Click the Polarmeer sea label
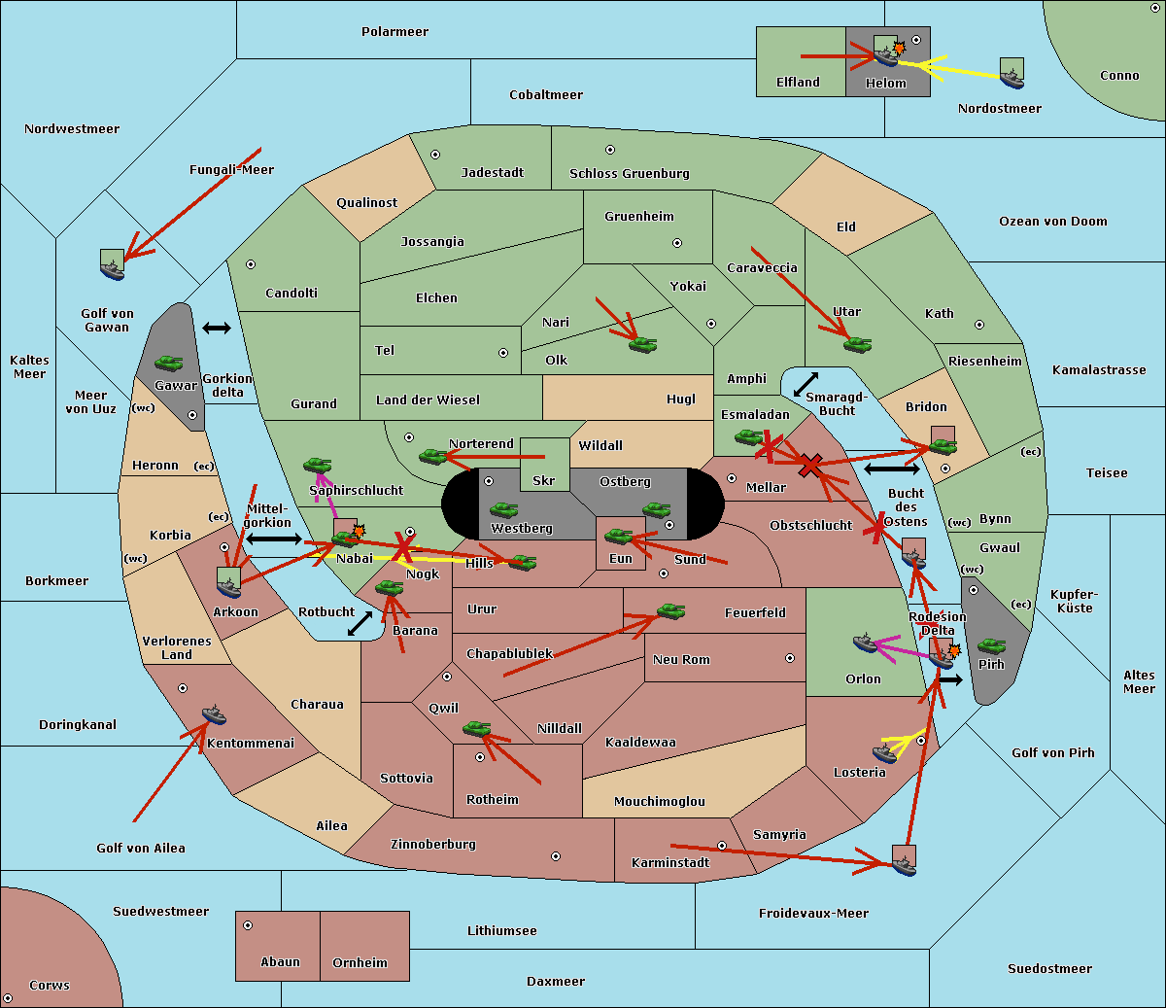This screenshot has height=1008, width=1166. [394, 32]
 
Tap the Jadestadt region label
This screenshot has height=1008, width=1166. [492, 173]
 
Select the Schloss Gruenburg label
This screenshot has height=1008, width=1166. [629, 174]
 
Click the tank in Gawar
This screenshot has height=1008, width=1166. [168, 364]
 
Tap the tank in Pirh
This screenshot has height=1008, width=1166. [991, 646]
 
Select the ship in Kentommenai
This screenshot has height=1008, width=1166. [214, 715]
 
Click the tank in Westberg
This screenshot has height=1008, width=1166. [503, 509]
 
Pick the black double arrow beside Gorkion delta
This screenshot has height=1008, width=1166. [216, 329]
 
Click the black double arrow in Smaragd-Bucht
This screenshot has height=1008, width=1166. [806, 384]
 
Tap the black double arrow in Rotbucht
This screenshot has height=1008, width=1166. [360, 623]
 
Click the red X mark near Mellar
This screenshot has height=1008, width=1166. [809, 468]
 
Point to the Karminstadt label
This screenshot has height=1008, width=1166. [670, 863]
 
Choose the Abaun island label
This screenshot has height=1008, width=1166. [280, 962]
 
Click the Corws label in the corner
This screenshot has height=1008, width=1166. [50, 986]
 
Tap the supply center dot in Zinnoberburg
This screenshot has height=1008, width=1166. [556, 856]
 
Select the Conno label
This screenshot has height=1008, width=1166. [1119, 76]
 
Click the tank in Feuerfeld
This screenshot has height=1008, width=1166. [670, 611]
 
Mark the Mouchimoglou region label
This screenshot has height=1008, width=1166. [659, 802]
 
